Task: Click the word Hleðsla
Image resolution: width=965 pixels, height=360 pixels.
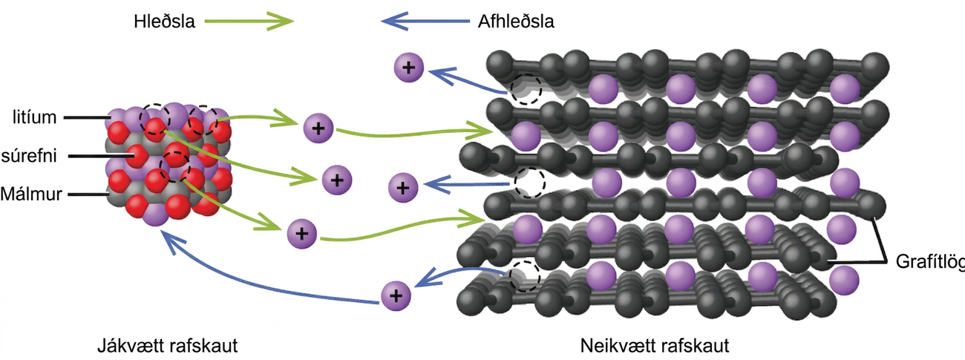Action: click(x=164, y=22)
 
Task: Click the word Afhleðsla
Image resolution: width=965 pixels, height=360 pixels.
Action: click(x=516, y=22)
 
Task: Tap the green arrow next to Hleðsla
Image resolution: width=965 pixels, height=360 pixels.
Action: click(x=249, y=21)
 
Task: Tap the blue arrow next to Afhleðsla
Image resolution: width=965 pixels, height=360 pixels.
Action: click(x=425, y=21)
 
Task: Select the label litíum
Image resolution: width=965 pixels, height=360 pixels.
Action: click(x=34, y=117)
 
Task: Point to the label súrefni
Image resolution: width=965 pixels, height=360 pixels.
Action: click(x=29, y=156)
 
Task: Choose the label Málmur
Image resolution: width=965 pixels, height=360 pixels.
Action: click(x=31, y=194)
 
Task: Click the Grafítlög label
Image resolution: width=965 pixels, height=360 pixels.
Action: click(x=930, y=261)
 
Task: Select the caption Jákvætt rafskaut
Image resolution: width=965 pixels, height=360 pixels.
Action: click(x=167, y=345)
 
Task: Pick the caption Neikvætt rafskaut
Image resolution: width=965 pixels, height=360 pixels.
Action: click(x=655, y=345)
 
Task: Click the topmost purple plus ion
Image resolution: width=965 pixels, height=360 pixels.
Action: click(x=409, y=68)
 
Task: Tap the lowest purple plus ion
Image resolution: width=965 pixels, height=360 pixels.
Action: click(x=396, y=296)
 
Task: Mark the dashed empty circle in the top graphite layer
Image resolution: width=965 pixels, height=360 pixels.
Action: click(x=526, y=89)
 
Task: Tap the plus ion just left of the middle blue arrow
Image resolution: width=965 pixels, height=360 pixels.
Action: click(x=403, y=188)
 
